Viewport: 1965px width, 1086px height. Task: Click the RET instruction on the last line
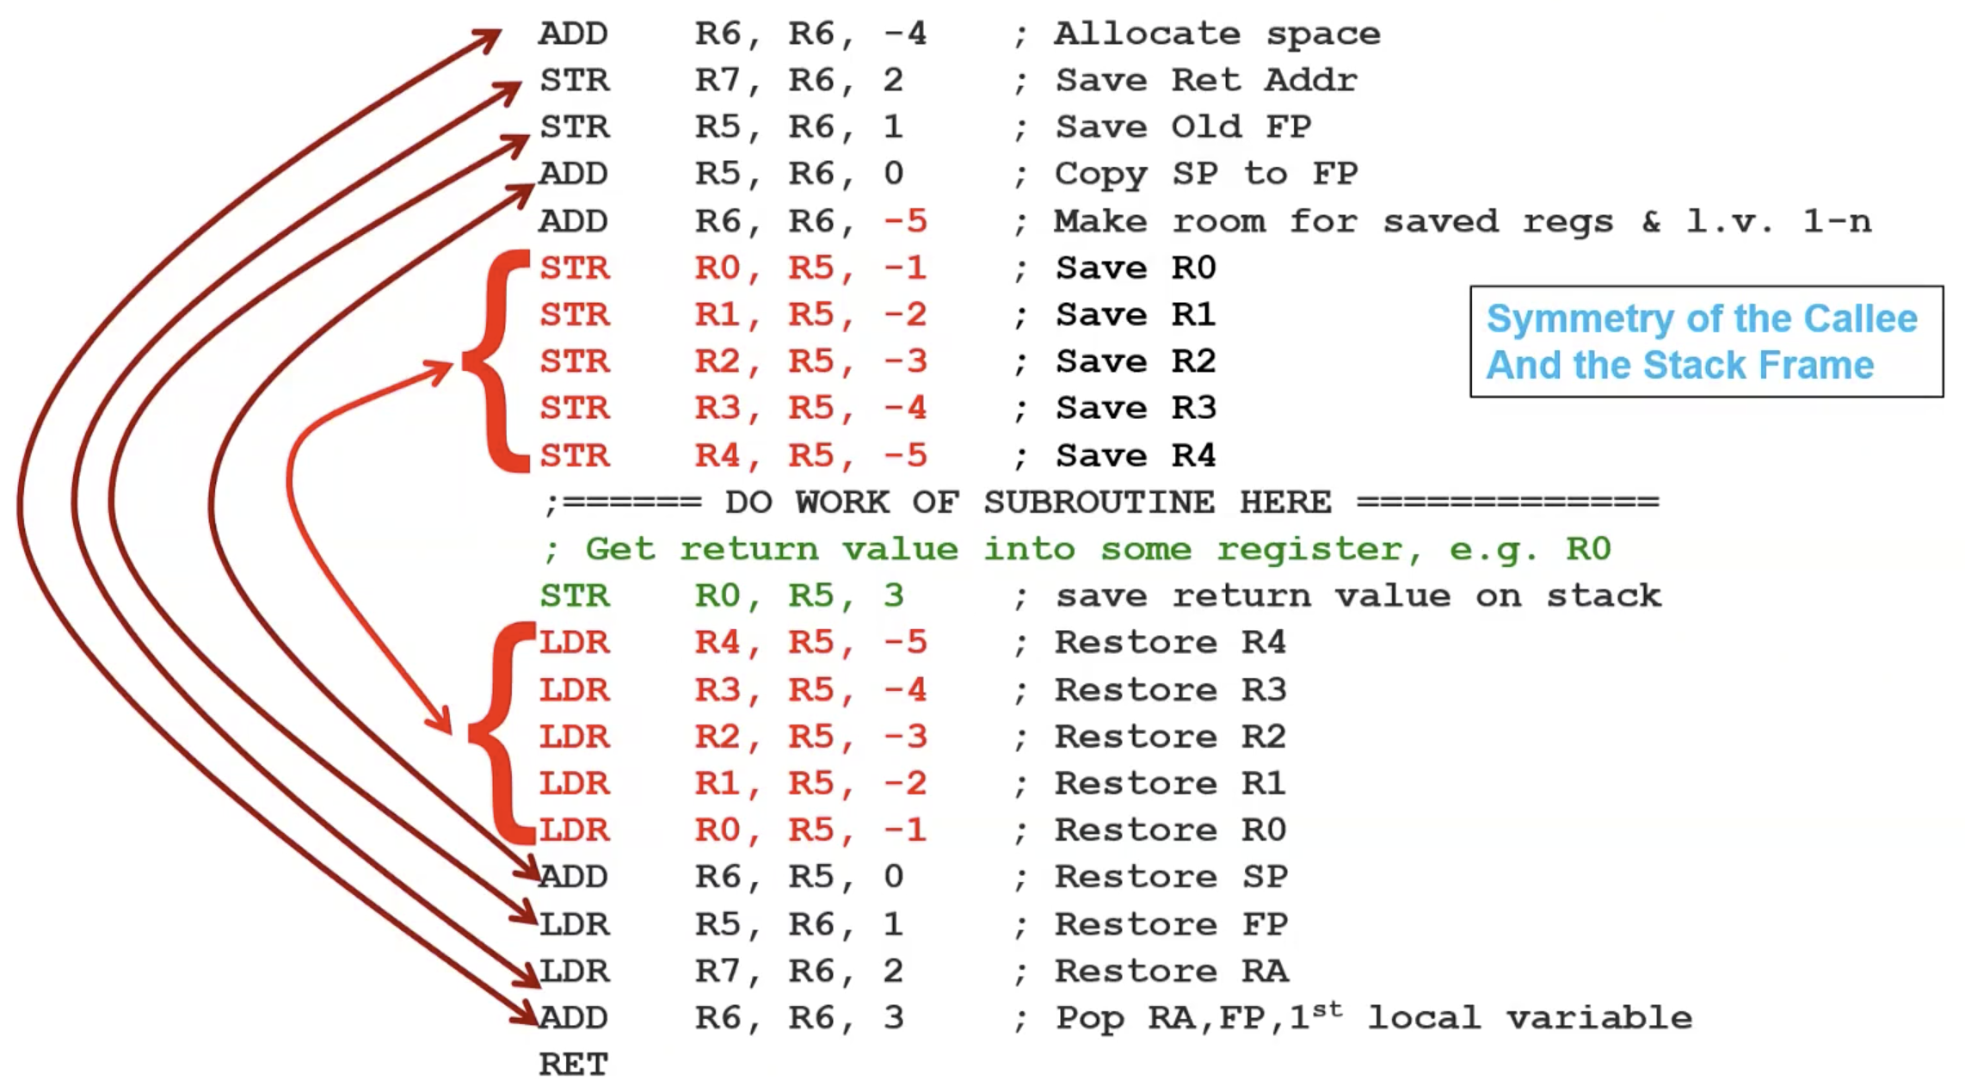573,1064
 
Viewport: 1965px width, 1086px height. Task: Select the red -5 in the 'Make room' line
905,221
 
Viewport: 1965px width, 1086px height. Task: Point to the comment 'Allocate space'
1217,34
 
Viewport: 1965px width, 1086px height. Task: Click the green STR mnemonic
575,595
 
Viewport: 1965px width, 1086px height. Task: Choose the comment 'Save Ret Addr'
1206,81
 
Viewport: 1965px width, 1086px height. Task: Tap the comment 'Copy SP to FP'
1206,174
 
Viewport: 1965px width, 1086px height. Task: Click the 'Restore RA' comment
1172,971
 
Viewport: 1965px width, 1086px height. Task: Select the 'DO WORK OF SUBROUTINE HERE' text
1028,502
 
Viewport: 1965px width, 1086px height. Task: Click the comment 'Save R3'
1136,408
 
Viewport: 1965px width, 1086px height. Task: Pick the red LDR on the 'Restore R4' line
575,643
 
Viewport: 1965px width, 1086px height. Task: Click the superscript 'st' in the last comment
1327,1009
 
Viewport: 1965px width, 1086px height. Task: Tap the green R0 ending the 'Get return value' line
1588,549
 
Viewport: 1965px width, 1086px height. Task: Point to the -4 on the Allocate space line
905,34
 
